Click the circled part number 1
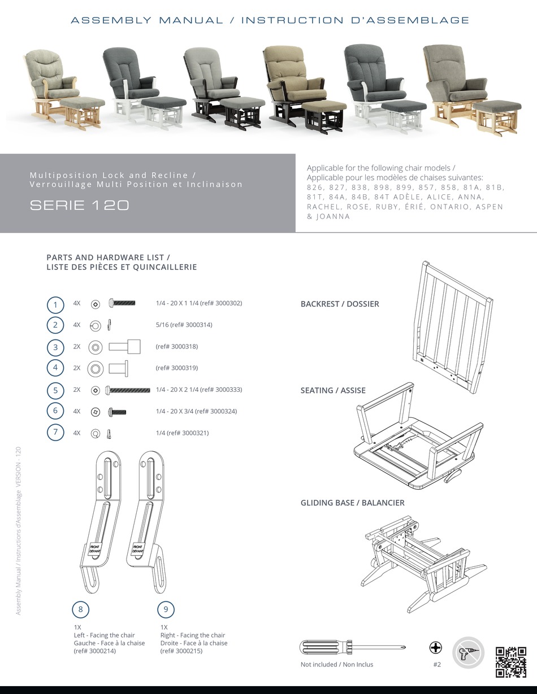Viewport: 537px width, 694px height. pyautogui.click(x=55, y=305)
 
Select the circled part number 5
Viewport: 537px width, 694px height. pyautogui.click(x=55, y=390)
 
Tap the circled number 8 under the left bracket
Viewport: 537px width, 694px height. pyautogui.click(x=81, y=609)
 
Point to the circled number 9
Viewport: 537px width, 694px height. pyautogui.click(x=166, y=609)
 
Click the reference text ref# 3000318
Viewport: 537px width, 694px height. pyautogui.click(x=176, y=347)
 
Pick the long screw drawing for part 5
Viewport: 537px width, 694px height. pyautogui.click(x=129, y=390)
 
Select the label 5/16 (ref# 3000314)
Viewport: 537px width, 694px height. pyautogui.click(x=184, y=325)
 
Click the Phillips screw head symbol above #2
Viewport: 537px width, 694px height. pyautogui.click(x=436, y=647)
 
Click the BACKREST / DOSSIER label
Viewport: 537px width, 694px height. pyautogui.click(x=340, y=304)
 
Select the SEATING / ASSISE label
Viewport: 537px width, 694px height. pyautogui.click(x=333, y=390)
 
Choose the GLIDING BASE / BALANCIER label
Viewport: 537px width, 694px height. pyautogui.click(x=352, y=503)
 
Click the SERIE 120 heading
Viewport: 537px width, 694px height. pyautogui.click(x=79, y=206)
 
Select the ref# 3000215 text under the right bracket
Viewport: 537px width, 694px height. pyautogui.click(x=181, y=651)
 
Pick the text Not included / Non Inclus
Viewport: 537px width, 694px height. pyautogui.click(x=337, y=665)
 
